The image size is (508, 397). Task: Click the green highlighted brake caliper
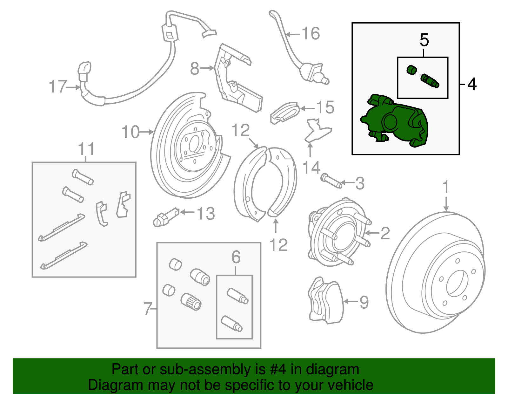[395, 122]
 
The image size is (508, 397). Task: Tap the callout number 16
[311, 34]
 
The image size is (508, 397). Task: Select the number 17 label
[57, 87]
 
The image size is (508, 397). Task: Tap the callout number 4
[472, 84]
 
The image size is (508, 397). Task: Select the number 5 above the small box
[424, 40]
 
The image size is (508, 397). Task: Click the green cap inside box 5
[412, 70]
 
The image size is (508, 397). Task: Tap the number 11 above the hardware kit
[86, 149]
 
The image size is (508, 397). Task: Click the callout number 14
[311, 168]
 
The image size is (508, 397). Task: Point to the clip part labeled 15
[285, 113]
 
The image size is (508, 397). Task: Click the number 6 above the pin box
[236, 257]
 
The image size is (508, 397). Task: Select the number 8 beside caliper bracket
[195, 68]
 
